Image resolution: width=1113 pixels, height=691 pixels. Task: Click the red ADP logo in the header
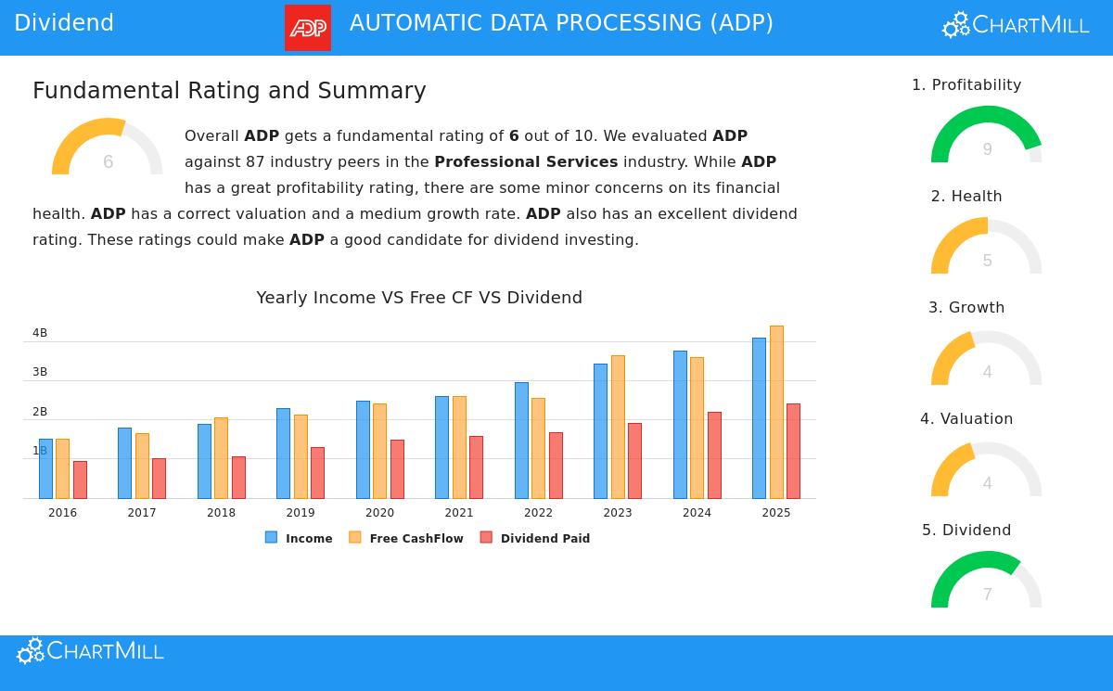(308, 28)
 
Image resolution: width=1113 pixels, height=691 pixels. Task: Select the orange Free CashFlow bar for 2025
(776, 412)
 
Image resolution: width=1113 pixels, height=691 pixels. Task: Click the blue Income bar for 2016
(45, 468)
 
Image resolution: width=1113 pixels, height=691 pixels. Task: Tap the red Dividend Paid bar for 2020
(397, 469)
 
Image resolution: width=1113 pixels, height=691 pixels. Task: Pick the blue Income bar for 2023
(600, 431)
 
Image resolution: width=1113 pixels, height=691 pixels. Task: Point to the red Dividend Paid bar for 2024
(714, 455)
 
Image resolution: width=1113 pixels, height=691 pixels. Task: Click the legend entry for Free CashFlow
(406, 538)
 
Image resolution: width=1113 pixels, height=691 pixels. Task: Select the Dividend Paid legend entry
(535, 538)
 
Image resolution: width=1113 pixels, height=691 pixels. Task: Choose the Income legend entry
(299, 538)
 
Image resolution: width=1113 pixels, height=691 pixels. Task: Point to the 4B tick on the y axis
(40, 333)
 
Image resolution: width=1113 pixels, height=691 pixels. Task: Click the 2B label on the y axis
(40, 412)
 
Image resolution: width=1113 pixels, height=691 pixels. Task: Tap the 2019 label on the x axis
(301, 513)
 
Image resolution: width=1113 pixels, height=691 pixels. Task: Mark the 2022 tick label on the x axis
(538, 513)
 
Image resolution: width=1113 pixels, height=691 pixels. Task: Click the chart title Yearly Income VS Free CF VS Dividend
(419, 298)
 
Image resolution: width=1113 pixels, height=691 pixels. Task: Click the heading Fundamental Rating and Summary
(229, 91)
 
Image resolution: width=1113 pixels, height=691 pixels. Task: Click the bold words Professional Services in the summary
(526, 162)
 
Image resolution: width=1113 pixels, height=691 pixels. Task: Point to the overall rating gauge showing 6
(108, 148)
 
